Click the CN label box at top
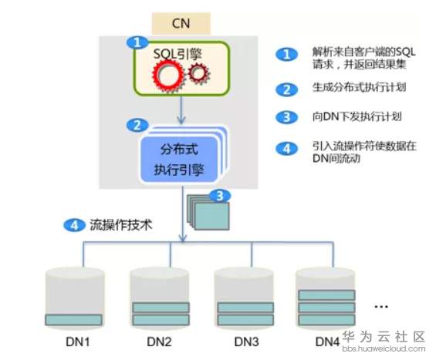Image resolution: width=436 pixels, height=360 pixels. pyautogui.click(x=181, y=23)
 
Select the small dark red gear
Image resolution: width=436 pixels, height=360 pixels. pyautogui.click(x=199, y=74)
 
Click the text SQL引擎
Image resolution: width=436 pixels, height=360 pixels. pyautogui.click(x=177, y=53)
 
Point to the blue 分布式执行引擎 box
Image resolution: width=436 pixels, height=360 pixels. pyautogui.click(x=179, y=160)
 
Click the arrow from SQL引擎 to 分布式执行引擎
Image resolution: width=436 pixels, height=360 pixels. pyautogui.click(x=181, y=109)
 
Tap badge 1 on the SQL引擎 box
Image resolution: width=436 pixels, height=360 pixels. pyautogui.click(x=137, y=42)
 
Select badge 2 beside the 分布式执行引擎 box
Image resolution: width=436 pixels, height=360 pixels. pyautogui.click(x=137, y=126)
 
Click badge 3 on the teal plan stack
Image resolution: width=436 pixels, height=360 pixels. pyautogui.click(x=220, y=196)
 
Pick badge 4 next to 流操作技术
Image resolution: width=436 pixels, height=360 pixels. pyautogui.click(x=74, y=225)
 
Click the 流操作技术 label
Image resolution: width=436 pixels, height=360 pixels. pyautogui.click(x=121, y=225)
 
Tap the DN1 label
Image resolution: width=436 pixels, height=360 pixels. pyautogui.click(x=78, y=341)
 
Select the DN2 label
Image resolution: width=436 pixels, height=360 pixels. pyautogui.click(x=159, y=341)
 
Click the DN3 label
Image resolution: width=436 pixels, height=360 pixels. pyautogui.click(x=246, y=341)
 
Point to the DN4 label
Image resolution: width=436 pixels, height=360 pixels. pyautogui.click(x=327, y=341)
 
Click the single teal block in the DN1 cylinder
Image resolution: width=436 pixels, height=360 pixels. pyautogui.click(x=73, y=320)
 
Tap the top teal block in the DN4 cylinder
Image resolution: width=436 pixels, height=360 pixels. pyautogui.click(x=326, y=295)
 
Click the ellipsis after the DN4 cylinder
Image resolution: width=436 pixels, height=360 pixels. pyautogui.click(x=381, y=307)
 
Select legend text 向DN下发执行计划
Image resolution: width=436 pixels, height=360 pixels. pyautogui.click(x=357, y=116)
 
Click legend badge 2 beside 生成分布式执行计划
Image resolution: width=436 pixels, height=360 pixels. pyautogui.click(x=287, y=89)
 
